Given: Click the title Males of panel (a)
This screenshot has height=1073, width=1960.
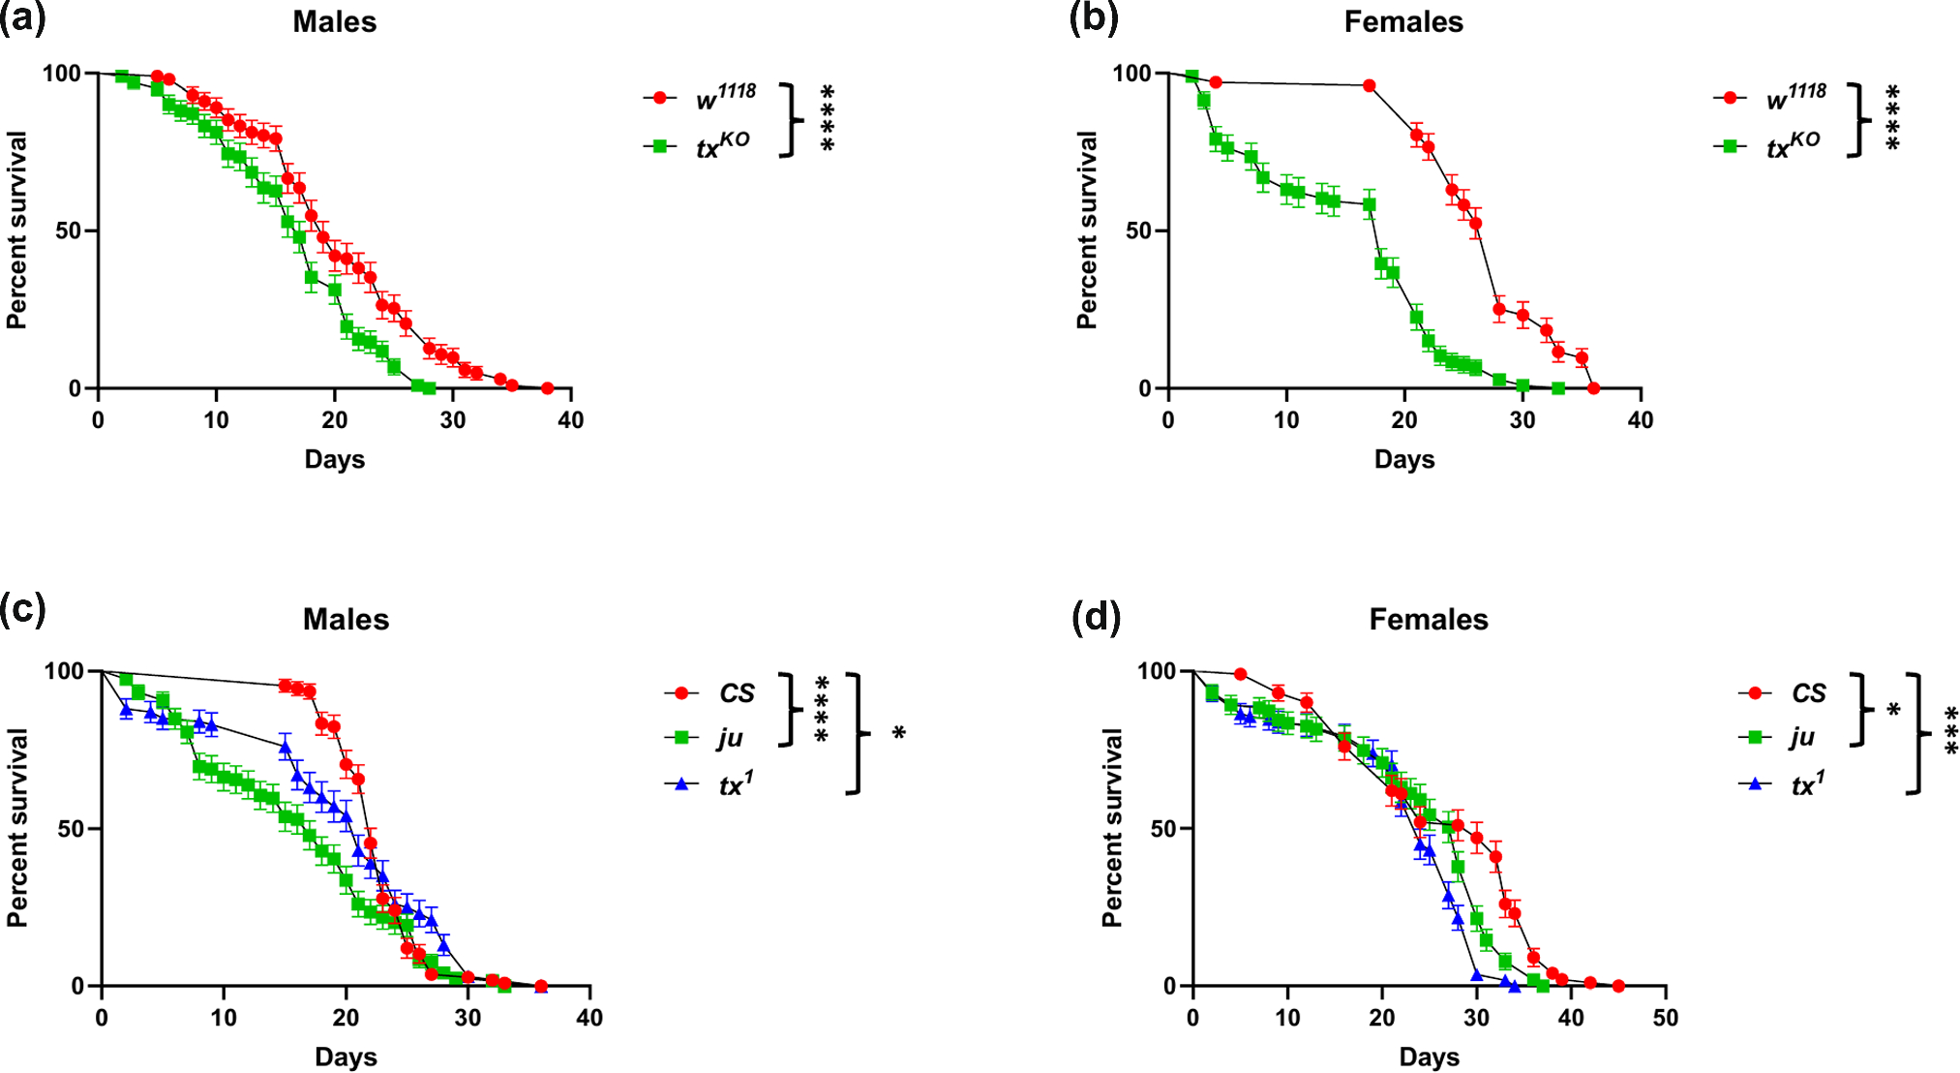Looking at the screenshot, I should click(334, 22).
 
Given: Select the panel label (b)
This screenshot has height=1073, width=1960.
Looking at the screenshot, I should click(1094, 18).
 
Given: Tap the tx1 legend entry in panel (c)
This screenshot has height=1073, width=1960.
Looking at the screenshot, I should click(735, 783).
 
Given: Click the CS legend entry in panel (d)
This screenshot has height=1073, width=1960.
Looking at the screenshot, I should click(1807, 693).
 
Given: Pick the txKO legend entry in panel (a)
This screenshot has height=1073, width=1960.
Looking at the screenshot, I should click(721, 146).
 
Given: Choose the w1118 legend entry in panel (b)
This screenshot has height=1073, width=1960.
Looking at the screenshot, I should click(1794, 98).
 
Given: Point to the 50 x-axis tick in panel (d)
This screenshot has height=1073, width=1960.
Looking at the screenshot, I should click(1665, 1018).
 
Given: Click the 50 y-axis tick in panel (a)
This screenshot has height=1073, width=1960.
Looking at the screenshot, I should click(68, 230).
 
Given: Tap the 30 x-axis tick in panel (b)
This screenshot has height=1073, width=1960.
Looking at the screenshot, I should click(1523, 420).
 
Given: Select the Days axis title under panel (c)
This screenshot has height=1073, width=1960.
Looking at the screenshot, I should click(346, 1057).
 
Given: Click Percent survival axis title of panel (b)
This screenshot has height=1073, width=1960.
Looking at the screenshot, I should click(1087, 230).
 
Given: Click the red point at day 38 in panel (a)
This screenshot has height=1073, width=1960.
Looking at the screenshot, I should click(547, 388).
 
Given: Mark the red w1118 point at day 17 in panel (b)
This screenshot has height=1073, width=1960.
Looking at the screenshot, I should click(1369, 85).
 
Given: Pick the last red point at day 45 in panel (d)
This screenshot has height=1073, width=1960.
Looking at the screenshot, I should click(1618, 986).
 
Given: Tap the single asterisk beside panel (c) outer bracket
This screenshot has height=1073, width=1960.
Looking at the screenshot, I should click(898, 734).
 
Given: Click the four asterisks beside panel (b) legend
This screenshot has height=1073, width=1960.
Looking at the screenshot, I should click(1892, 118).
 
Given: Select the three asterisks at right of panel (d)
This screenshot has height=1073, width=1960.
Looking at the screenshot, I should click(1949, 732).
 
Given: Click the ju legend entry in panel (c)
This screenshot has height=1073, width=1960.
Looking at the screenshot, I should click(730, 738).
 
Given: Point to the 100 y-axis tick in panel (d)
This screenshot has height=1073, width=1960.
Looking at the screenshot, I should click(1156, 670).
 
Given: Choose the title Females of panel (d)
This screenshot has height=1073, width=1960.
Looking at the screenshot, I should click(1428, 620).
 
